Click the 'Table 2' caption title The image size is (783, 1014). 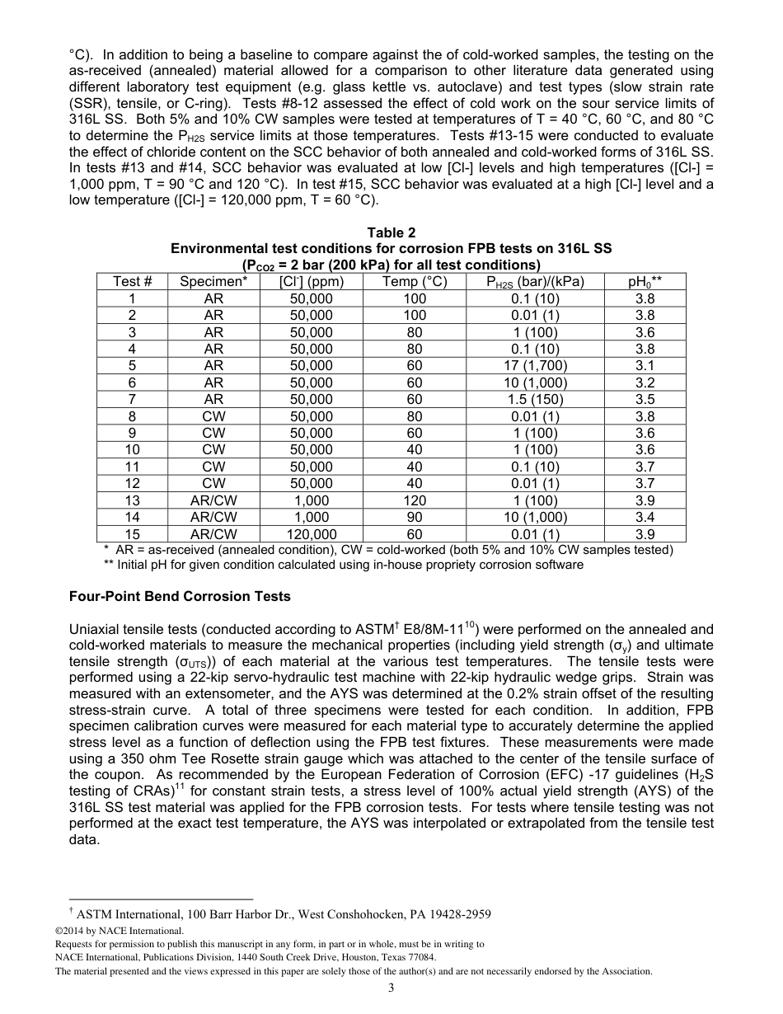pyautogui.click(x=391, y=233)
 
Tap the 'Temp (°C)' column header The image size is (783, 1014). pyautogui.click(x=415, y=282)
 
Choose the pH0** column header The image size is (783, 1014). pyautogui.click(x=645, y=282)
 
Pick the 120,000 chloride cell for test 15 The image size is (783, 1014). pyautogui.click(x=312, y=534)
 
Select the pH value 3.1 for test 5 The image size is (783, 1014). pyautogui.click(x=645, y=365)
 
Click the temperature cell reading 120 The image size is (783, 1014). pyautogui.click(x=415, y=500)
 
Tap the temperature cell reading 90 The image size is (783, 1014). pyautogui.click(x=415, y=517)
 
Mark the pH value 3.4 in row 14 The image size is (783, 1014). pyautogui.click(x=645, y=517)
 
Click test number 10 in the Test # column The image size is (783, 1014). pyautogui.click(x=132, y=450)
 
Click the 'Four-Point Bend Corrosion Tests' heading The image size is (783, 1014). pyautogui.click(x=180, y=596)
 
